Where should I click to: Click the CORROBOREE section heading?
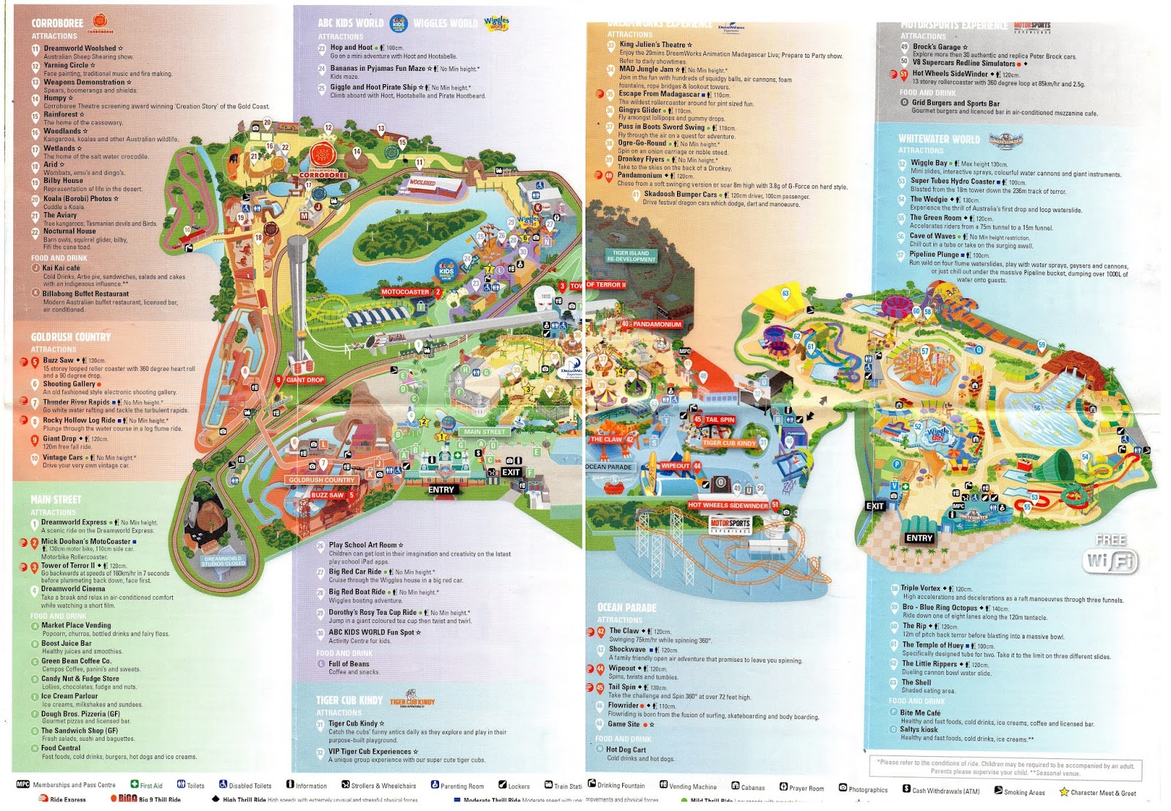(x=58, y=23)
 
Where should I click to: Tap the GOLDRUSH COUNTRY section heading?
(x=71, y=337)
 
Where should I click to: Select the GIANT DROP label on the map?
(x=304, y=380)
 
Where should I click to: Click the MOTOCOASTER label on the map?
(x=405, y=292)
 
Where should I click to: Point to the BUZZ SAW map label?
(x=327, y=495)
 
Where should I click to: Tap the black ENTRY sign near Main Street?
(x=441, y=490)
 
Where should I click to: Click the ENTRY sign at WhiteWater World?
(x=919, y=538)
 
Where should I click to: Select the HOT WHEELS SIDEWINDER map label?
(x=728, y=505)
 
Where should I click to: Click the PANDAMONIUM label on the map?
(x=656, y=324)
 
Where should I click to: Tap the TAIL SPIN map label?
(x=719, y=420)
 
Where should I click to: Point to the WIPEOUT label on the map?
(x=676, y=466)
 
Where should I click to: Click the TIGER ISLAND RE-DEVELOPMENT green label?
(x=632, y=256)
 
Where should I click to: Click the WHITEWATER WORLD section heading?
(x=939, y=139)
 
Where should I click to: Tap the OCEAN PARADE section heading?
(x=627, y=608)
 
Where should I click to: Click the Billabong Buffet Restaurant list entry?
(x=86, y=294)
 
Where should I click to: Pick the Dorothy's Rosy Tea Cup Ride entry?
(x=373, y=613)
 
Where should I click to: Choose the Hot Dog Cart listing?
(x=626, y=750)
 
